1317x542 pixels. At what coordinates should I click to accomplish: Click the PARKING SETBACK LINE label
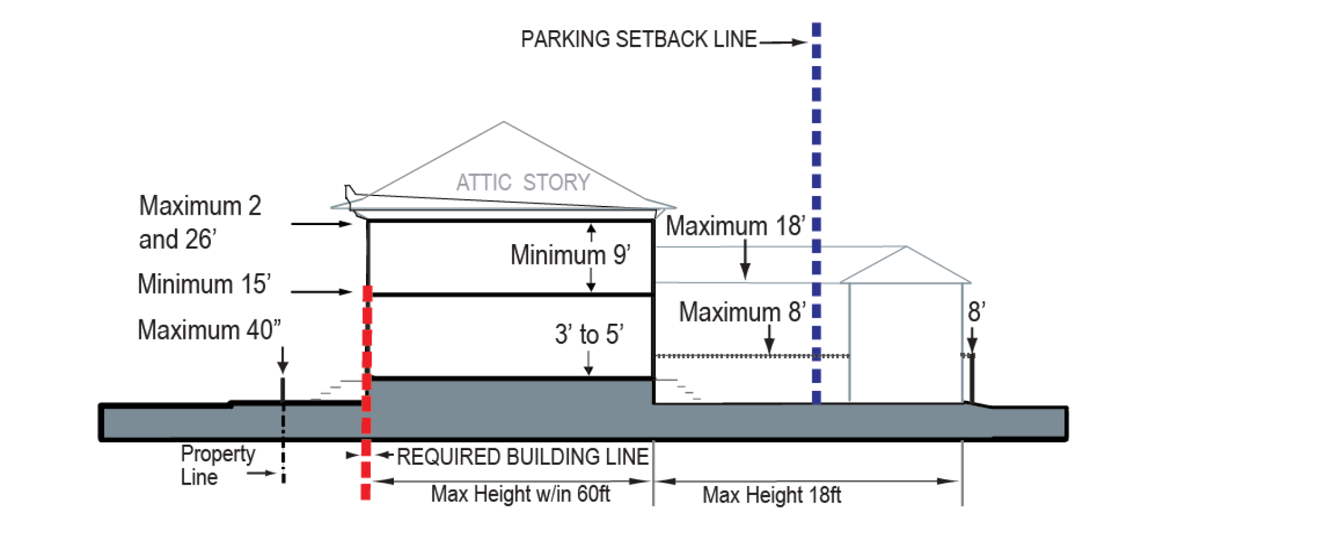click(638, 39)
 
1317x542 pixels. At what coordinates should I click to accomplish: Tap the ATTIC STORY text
click(523, 183)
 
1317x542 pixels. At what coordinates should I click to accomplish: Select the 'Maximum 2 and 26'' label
click(200, 222)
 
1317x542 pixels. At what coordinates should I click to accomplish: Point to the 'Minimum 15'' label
click(204, 284)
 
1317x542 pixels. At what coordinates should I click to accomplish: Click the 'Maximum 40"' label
click(209, 331)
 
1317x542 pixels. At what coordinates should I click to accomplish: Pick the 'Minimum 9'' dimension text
click(570, 255)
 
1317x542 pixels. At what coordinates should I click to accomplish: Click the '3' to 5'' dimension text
click(589, 335)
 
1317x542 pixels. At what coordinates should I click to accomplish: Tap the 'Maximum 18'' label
click(735, 226)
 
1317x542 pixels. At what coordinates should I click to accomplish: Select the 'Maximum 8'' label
click(742, 312)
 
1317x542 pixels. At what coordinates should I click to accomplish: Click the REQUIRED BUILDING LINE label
click(523, 457)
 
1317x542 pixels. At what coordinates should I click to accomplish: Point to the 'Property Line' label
click(217, 465)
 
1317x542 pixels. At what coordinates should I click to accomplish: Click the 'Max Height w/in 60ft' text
click(520, 495)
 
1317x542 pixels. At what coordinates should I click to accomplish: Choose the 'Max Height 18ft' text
click(772, 495)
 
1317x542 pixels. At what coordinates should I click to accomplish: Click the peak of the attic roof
click(504, 122)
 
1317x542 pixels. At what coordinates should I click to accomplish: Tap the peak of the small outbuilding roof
click(906, 247)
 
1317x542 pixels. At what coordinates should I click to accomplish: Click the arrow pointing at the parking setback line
click(783, 43)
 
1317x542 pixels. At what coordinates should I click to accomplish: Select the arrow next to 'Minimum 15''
click(320, 292)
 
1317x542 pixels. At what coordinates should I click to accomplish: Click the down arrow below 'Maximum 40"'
click(283, 360)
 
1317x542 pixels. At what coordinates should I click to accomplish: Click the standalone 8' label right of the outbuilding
click(976, 312)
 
